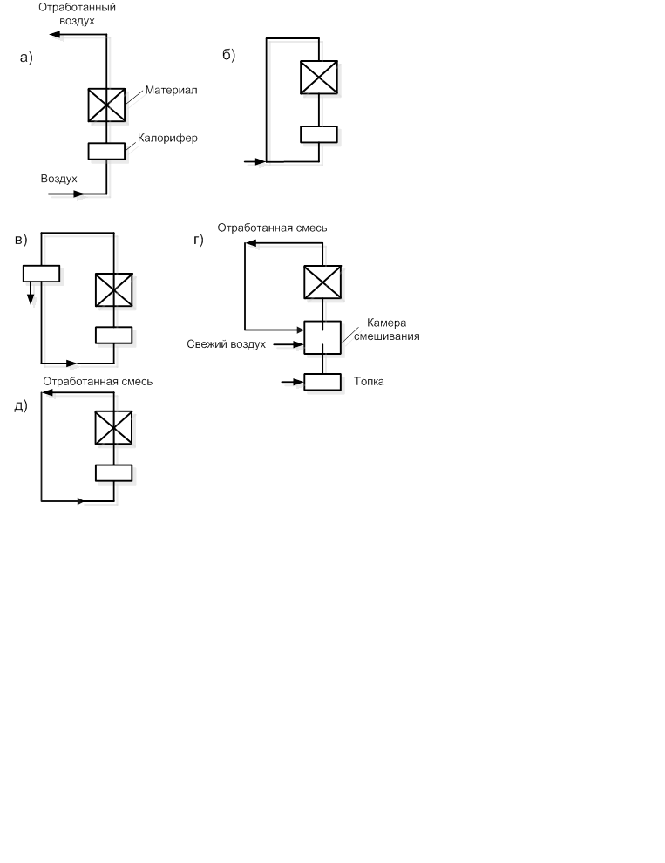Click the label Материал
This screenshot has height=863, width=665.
coord(172,91)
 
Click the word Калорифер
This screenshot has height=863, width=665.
coord(167,138)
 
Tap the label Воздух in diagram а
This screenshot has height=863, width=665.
coord(59,179)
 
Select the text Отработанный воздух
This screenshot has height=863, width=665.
coord(78,14)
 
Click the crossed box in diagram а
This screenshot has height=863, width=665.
coord(106,105)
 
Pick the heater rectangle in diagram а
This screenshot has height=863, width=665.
coord(106,151)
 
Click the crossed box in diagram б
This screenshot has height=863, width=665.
coord(319,77)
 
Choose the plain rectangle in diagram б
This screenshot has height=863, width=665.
coord(319,134)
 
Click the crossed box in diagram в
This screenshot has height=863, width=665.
coord(114,289)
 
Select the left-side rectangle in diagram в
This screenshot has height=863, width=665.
coord(41,274)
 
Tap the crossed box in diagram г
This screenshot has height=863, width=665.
coord(322,282)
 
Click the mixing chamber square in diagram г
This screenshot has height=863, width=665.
coord(322,337)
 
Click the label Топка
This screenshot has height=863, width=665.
coord(369,382)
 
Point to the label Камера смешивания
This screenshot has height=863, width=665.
coord(386,330)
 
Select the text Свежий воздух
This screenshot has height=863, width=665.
coord(226,344)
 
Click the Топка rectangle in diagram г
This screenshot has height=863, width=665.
coord(322,382)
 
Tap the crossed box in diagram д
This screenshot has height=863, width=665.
coord(114,428)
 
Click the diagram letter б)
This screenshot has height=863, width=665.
coord(229,55)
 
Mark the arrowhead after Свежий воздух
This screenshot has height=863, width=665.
coord(299,345)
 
